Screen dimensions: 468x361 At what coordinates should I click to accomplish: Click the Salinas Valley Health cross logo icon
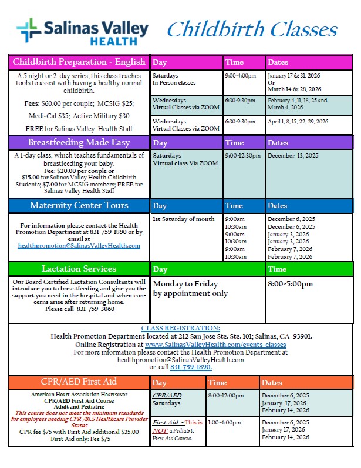(29, 30)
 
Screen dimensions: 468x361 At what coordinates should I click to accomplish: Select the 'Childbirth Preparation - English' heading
(79, 62)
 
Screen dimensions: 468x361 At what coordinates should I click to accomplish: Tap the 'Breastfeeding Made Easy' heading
(79, 142)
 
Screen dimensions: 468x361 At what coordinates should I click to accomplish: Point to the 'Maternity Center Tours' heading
(79, 205)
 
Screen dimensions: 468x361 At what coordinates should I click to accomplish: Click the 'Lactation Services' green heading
(79, 269)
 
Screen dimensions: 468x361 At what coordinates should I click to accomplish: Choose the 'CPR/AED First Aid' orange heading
(79, 382)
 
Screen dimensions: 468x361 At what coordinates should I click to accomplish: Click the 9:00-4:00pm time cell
(241, 76)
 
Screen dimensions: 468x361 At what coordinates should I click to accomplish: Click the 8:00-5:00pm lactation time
(290, 284)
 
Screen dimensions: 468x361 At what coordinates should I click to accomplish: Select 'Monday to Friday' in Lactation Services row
(185, 284)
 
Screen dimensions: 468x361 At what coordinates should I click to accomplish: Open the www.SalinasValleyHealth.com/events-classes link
(215, 344)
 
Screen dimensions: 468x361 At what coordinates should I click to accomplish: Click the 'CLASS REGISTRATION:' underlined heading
(181, 328)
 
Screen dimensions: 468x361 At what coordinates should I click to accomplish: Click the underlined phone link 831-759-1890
(191, 367)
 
